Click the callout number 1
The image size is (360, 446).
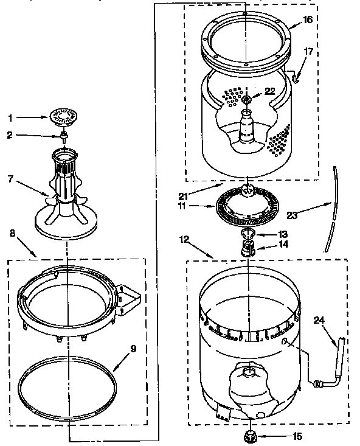[10, 117]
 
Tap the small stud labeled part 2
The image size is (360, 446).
[63, 136]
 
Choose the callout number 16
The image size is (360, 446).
[308, 19]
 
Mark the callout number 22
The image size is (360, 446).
[269, 91]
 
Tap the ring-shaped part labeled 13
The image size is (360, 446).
[246, 236]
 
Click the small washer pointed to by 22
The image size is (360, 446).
[246, 101]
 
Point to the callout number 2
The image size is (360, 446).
[10, 136]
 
